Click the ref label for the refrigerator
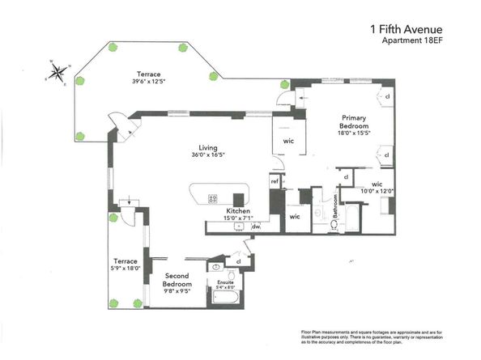(x=275, y=180)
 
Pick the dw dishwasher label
(x=255, y=227)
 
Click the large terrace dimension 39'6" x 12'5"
(x=148, y=81)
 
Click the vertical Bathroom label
(x=332, y=212)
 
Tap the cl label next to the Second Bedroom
(x=238, y=261)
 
